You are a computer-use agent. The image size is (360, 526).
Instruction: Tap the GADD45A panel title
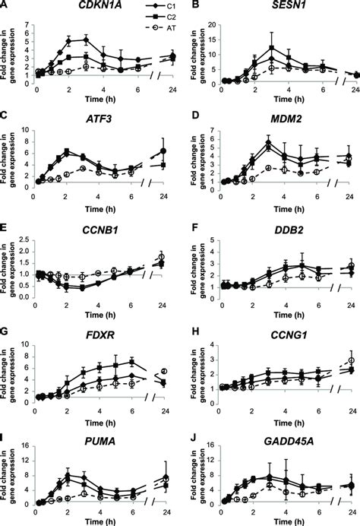tap(263, 439)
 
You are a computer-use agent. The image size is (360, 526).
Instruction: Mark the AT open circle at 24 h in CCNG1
tap(351, 360)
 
